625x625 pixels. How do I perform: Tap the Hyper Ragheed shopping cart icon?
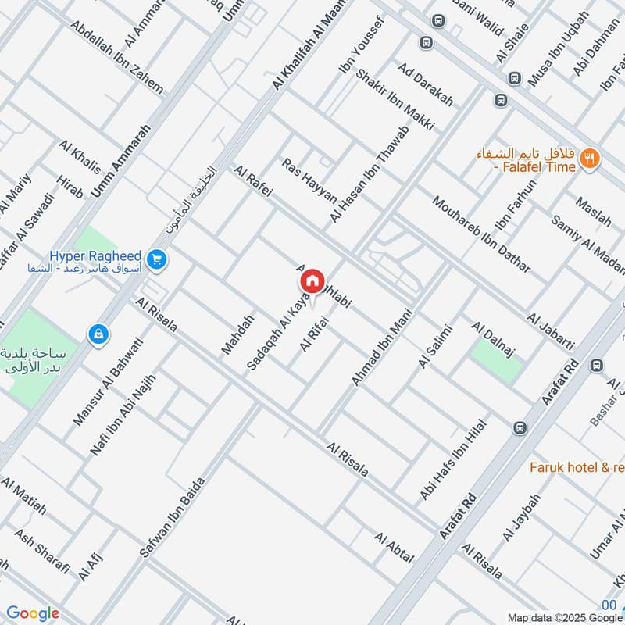(x=157, y=259)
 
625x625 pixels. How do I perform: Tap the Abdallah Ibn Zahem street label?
(x=116, y=56)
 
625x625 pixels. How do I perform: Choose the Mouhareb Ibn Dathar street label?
(x=480, y=233)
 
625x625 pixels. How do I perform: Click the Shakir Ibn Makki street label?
(x=395, y=99)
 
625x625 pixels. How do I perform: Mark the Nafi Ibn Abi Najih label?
(x=123, y=415)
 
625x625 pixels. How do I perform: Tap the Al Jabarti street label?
(x=551, y=332)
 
